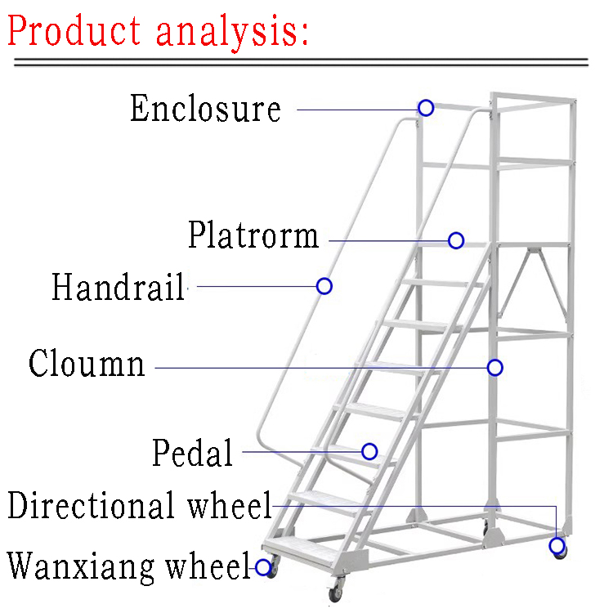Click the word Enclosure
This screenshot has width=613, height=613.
[205, 109]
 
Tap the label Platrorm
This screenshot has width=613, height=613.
[253, 235]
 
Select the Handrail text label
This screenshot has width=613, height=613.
[119, 288]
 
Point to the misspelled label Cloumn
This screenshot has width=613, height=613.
[87, 363]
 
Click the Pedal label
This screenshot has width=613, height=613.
[193, 453]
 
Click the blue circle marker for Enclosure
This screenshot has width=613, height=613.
[426, 108]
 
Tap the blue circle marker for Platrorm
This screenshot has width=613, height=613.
[456, 240]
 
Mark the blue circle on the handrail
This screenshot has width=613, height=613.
[324, 286]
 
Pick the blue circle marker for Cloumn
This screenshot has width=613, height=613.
[494, 367]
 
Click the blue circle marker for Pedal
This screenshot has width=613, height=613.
[369, 451]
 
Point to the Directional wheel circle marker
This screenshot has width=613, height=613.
[557, 545]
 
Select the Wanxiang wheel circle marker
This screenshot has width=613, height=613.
[263, 566]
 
